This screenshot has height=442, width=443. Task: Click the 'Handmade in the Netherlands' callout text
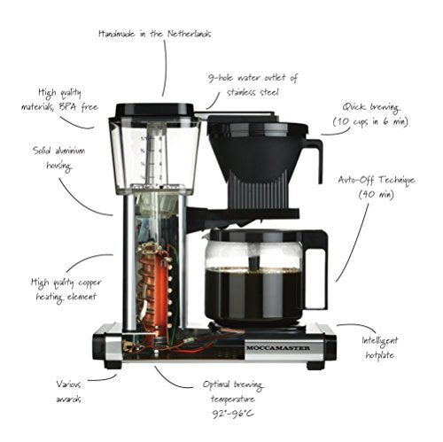click(155, 34)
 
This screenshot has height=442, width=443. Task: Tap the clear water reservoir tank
click(153, 155)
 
